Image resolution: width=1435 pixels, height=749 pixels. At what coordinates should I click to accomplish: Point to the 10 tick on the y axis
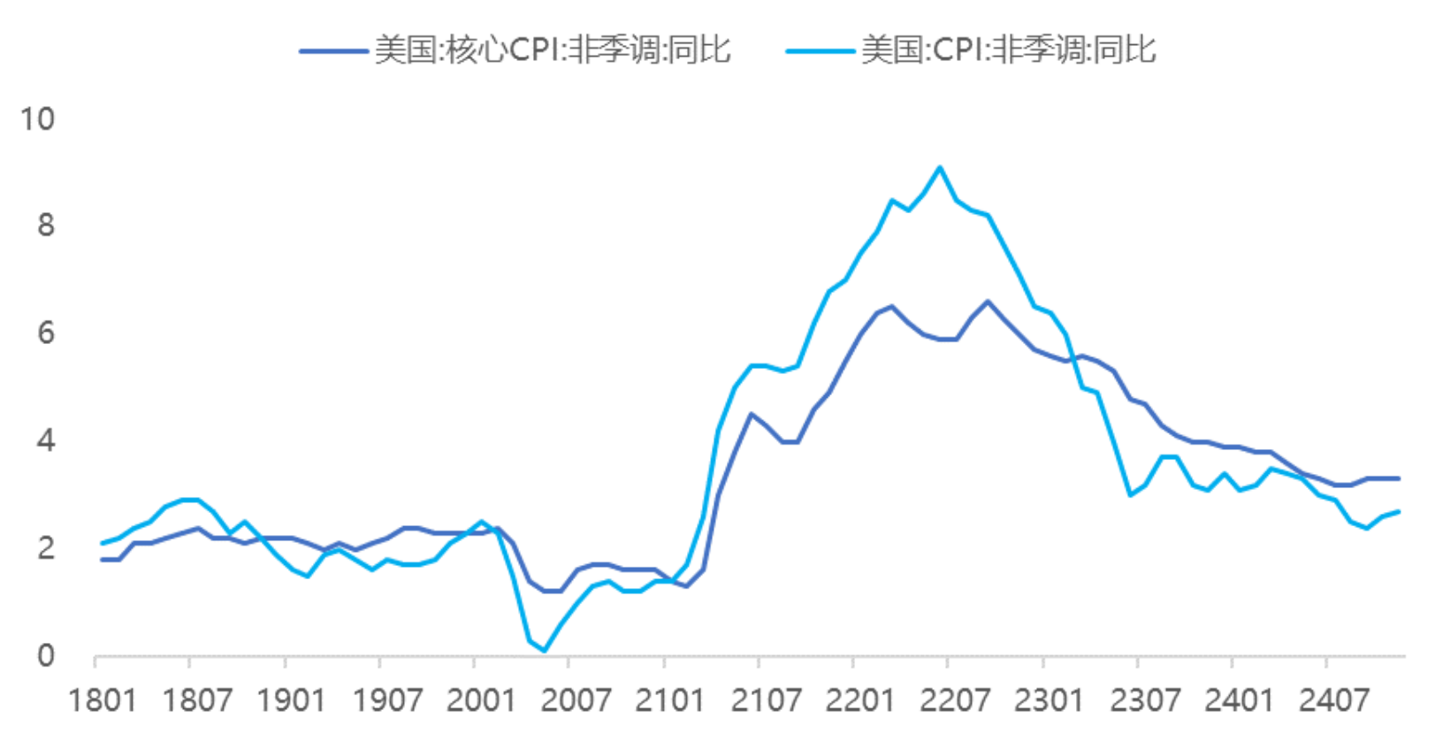tap(37, 118)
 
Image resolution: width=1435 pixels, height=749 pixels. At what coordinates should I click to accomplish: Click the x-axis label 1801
tap(103, 701)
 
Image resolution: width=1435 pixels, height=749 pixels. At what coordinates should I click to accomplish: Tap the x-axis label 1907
tap(386, 701)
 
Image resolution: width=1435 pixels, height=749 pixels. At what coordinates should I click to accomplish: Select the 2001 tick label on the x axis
tap(480, 701)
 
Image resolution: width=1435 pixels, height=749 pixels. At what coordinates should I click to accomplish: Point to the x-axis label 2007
tap(575, 701)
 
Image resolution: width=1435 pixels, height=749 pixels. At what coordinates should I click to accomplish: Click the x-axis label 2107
tap(765, 701)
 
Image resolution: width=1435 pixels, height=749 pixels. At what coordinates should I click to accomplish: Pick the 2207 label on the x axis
tap(954, 701)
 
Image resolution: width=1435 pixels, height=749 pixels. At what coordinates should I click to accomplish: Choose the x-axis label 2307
tap(1144, 701)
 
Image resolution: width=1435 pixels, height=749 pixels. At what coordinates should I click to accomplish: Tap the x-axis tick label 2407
tap(1333, 701)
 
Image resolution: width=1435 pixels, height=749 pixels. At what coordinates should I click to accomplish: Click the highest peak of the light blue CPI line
tap(940, 167)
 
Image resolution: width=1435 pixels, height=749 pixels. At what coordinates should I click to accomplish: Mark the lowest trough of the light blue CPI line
tap(545, 651)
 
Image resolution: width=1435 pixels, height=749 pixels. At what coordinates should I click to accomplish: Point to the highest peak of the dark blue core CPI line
tap(988, 302)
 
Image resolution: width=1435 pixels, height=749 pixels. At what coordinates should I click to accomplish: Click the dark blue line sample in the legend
tap(333, 51)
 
